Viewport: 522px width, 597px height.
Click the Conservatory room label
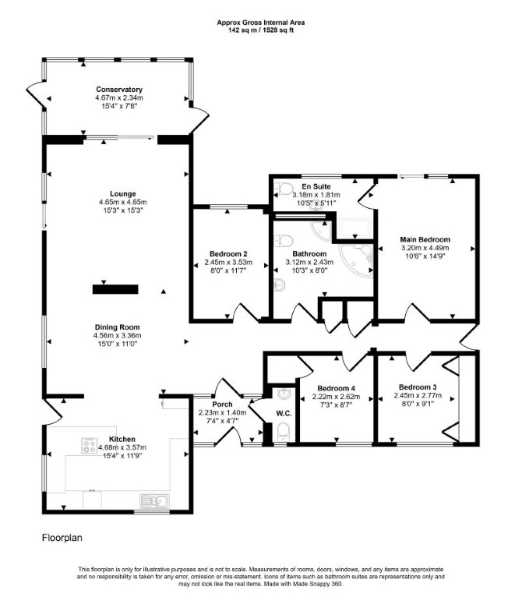click(119, 90)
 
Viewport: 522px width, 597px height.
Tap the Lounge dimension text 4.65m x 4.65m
click(122, 202)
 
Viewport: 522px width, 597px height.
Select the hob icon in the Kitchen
click(90, 446)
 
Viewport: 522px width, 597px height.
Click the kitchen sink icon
click(154, 500)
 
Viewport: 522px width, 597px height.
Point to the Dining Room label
click(118, 327)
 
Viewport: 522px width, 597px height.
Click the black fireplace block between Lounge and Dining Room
click(115, 289)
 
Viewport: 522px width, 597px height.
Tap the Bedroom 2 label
click(228, 254)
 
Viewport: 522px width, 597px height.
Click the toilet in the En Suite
click(284, 188)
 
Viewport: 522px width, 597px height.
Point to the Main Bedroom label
click(425, 239)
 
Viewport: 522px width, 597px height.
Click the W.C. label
click(284, 414)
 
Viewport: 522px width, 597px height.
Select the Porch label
click(222, 404)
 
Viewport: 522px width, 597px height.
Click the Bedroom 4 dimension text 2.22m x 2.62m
click(337, 397)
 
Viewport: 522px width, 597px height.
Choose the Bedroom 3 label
click(418, 387)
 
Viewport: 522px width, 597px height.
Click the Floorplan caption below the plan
click(62, 538)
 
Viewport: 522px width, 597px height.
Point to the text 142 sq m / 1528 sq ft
click(261, 30)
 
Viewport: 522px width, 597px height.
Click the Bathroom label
click(309, 253)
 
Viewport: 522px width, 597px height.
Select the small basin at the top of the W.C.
click(284, 394)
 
